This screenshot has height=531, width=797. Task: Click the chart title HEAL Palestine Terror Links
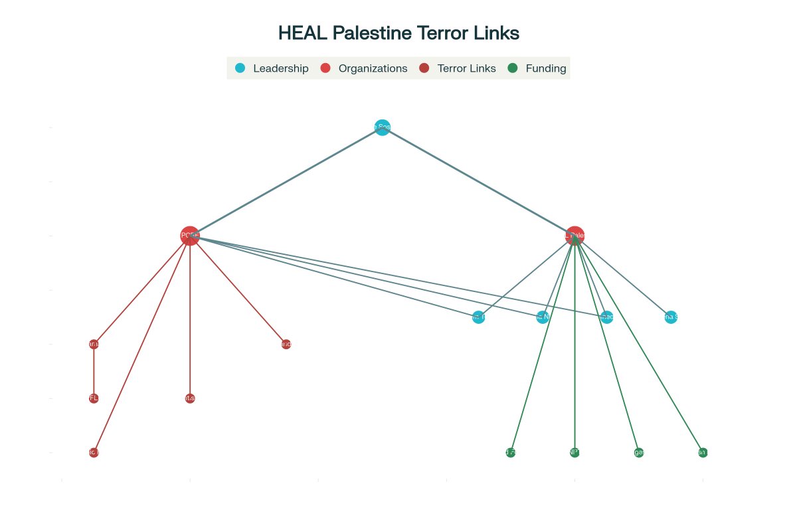point(398,33)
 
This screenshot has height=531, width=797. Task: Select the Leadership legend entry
point(273,68)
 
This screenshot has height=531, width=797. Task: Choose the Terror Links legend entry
point(458,68)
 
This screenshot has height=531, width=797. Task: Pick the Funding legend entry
point(537,68)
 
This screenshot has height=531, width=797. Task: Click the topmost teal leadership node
point(382,127)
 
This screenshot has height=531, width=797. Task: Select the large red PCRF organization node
point(190,236)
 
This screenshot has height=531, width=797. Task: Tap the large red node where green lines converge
point(575,236)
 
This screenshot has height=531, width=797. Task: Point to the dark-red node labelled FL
point(94,398)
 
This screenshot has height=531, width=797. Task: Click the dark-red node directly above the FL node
point(94,344)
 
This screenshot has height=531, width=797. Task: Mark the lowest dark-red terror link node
point(94,453)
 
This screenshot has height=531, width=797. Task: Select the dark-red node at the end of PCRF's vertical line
point(190,398)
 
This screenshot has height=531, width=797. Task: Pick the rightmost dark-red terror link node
point(286,344)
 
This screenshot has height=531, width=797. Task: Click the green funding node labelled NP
point(575,453)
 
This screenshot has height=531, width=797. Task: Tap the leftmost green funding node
point(510,453)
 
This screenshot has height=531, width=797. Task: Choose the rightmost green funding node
point(703,453)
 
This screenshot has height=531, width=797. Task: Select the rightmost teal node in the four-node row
point(671,317)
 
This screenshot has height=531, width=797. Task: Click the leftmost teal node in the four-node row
point(478,317)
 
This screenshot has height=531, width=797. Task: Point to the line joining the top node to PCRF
point(286,182)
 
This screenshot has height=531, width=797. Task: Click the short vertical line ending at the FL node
point(94,371)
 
